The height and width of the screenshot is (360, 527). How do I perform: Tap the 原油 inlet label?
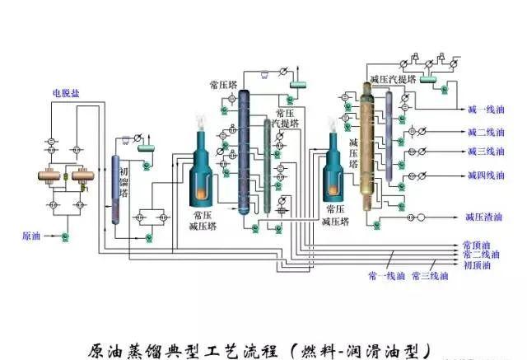coord(31,236)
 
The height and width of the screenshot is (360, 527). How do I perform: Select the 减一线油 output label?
coord(486,110)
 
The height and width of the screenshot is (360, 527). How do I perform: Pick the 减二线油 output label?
coord(486,132)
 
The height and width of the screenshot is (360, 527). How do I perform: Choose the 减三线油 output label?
coord(486,152)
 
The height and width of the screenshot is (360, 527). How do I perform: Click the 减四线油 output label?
coord(486,174)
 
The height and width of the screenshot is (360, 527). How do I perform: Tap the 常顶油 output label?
coord(476,245)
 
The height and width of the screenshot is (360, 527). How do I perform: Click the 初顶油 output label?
coord(476,265)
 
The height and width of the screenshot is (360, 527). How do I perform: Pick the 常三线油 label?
coord(429,275)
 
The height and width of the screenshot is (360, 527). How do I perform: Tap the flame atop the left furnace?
coord(202,121)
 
